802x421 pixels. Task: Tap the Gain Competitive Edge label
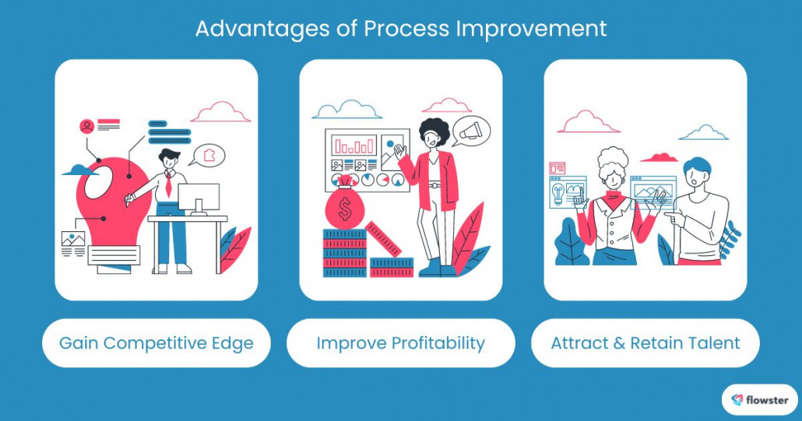coord(156,343)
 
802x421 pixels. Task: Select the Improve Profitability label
coord(400,343)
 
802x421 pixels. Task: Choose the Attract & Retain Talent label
coord(645,343)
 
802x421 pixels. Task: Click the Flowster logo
coord(760,400)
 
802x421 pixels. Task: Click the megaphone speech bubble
coord(471,132)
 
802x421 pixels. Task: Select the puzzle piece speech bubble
coord(208,155)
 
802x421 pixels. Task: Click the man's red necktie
coord(168,185)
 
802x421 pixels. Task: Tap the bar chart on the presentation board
coord(354,145)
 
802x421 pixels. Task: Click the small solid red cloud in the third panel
coord(659,157)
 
